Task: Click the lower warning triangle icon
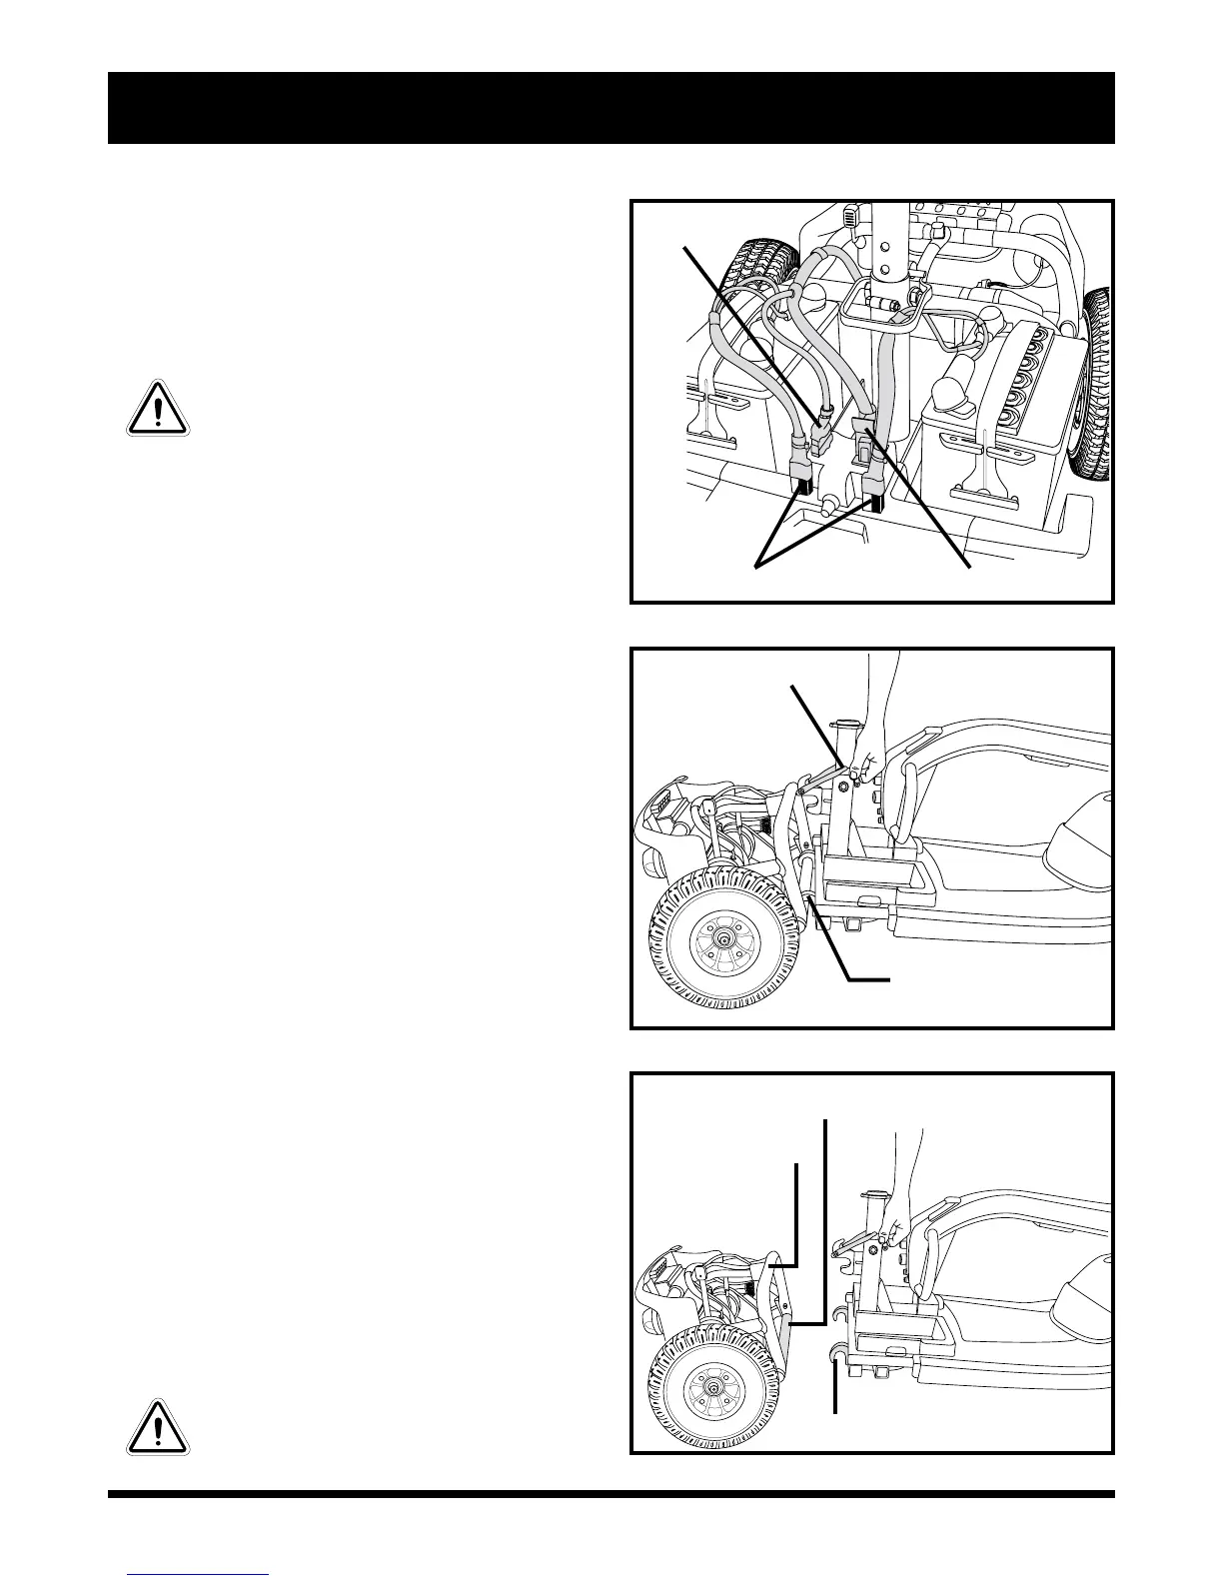click(x=158, y=1426)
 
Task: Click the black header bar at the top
click(x=611, y=108)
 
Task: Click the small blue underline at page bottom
click(x=199, y=1574)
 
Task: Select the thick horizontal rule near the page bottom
click(x=611, y=1495)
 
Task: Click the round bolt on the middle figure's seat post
click(x=844, y=788)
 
